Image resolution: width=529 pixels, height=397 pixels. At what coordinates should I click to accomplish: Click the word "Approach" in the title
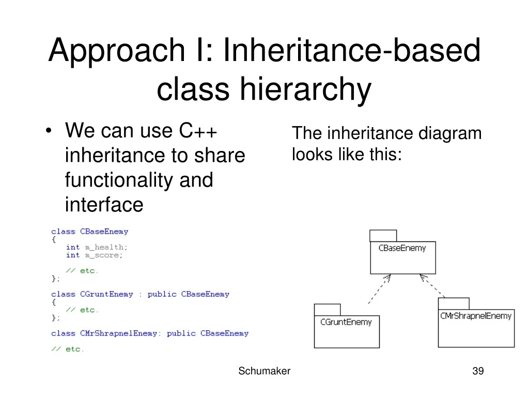(116, 51)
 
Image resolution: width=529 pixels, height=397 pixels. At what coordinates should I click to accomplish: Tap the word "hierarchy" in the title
(305, 89)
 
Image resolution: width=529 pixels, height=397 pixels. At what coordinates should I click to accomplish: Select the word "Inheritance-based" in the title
(352, 50)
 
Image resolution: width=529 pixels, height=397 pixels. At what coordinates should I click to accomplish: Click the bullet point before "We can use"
(49, 131)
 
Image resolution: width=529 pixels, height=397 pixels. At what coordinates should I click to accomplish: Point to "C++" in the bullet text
(198, 130)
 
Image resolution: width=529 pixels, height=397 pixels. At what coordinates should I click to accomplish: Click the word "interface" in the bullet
(104, 204)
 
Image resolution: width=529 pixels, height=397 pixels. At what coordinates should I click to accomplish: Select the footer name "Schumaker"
(264, 371)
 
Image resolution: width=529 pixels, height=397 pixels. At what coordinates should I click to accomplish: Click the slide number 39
(478, 371)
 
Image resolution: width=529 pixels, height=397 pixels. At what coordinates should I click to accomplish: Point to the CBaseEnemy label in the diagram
(402, 248)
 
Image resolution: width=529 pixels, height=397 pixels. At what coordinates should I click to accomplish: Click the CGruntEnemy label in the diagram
(346, 322)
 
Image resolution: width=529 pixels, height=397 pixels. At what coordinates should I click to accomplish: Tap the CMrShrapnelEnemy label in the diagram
(476, 316)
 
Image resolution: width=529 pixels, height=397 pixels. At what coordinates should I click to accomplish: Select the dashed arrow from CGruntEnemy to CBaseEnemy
(379, 289)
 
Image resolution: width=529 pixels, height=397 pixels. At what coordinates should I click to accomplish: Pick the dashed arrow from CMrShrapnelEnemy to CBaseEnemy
(432, 286)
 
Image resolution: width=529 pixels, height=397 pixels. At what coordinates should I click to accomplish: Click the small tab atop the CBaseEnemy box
(383, 236)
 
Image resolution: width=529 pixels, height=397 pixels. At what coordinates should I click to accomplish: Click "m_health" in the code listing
(106, 248)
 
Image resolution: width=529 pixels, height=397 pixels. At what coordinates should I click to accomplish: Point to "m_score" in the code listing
(104, 255)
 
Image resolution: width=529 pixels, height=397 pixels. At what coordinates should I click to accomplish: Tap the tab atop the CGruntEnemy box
(327, 310)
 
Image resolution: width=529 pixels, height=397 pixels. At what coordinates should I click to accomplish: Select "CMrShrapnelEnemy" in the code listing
(118, 333)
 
